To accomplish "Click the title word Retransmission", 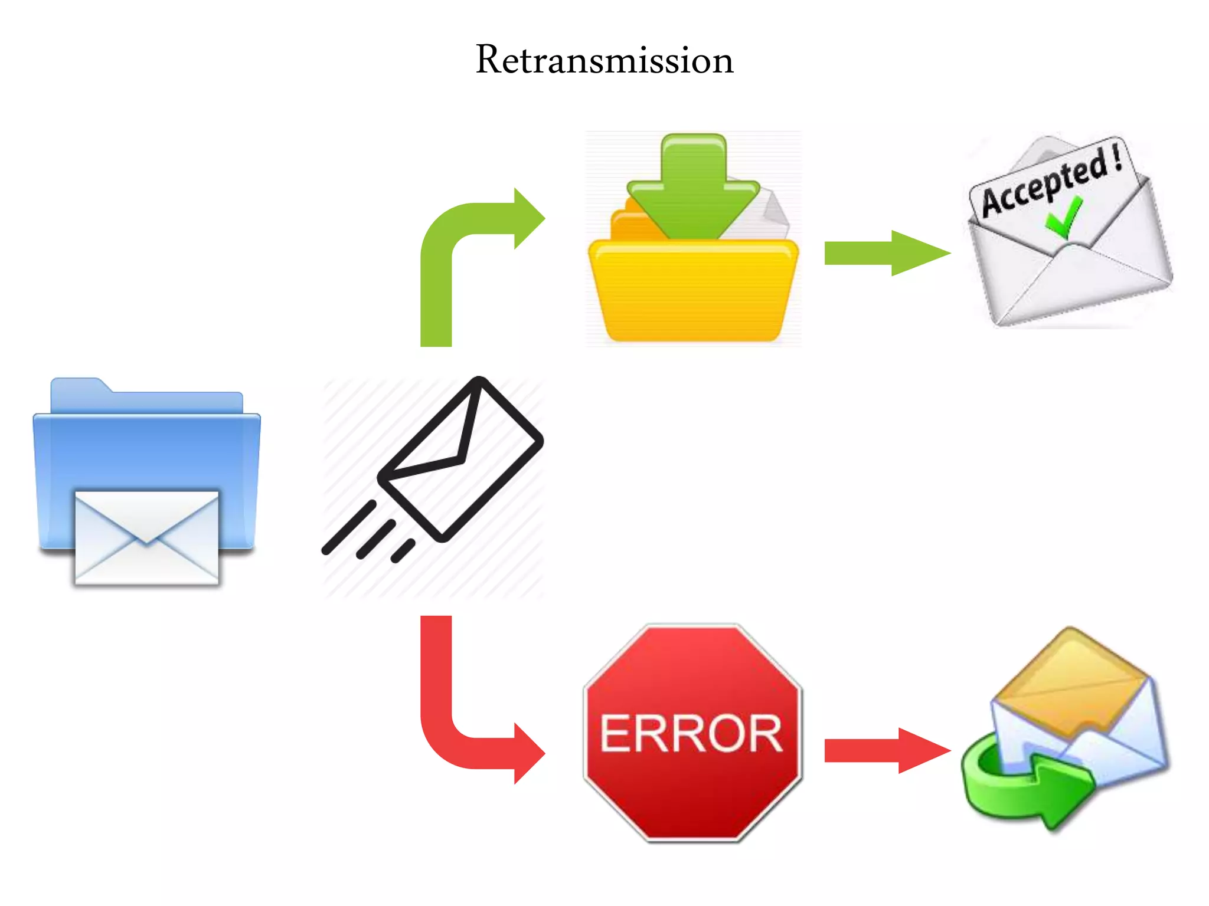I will pyautogui.click(x=604, y=60).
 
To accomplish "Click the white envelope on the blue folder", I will pyautogui.click(x=146, y=538).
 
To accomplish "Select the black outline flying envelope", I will pyautogui.click(x=460, y=460).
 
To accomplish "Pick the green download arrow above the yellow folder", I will pyautogui.click(x=693, y=189).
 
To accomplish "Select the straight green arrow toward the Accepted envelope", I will pyautogui.click(x=885, y=253).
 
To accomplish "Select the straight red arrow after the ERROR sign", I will pyautogui.click(x=885, y=750).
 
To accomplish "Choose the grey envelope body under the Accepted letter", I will pyautogui.click(x=1069, y=283).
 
